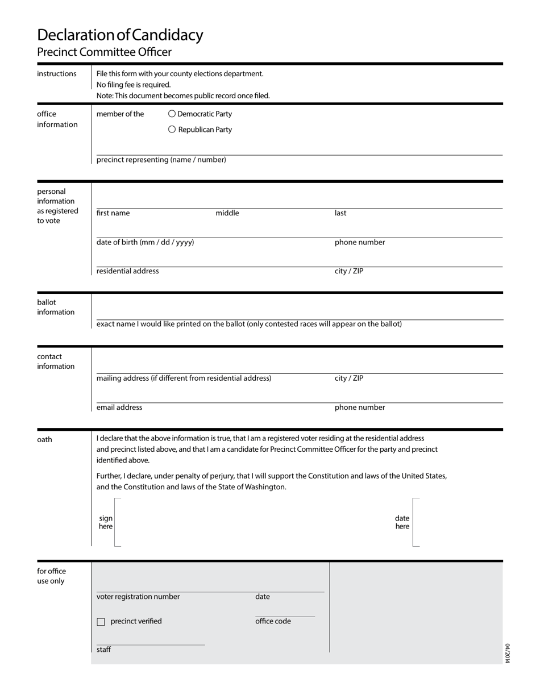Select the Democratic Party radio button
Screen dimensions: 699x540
coord(172,114)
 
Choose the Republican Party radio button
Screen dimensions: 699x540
coord(172,130)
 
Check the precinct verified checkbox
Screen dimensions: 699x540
coord(101,622)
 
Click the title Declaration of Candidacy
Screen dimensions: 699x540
coord(120,35)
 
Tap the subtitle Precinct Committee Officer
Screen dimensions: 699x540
coord(104,52)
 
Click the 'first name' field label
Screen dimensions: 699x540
coord(113,213)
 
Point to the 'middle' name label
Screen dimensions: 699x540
coord(227,213)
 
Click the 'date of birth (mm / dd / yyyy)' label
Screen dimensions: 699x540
coord(145,242)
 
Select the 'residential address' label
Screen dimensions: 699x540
coord(127,271)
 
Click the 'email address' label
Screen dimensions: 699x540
coord(119,407)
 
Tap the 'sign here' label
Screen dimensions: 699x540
coord(106,522)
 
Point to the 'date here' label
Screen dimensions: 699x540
coord(402,522)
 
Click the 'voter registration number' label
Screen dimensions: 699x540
coord(138,597)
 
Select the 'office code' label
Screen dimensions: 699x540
coord(273,621)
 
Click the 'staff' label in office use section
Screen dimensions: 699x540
coord(103,650)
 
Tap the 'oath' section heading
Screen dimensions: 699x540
coord(44,439)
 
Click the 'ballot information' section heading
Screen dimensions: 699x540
coord(56,307)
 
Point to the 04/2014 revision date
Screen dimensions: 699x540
coord(508,653)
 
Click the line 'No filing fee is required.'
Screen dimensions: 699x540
coord(134,85)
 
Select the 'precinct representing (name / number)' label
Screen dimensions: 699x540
coord(161,160)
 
